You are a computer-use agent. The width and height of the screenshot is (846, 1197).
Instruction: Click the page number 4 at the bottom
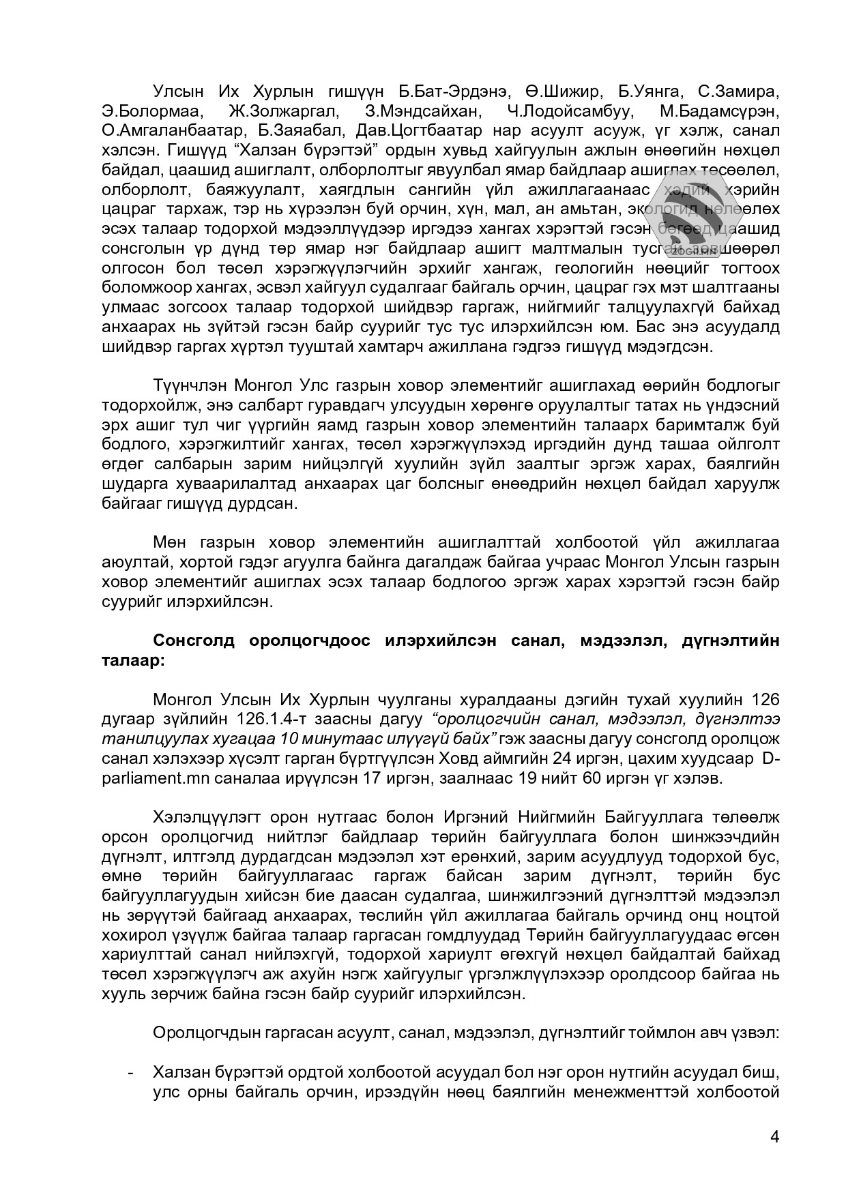click(x=774, y=1136)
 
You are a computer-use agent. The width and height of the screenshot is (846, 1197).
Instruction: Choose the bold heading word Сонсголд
click(x=194, y=641)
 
